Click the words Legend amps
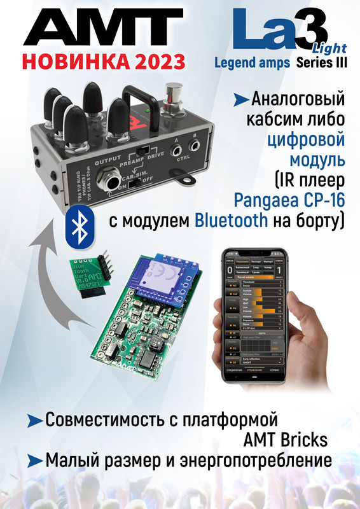pos(252,63)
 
